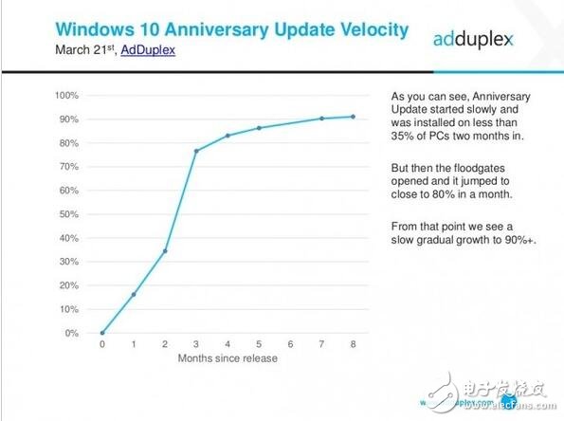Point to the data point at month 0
point(101,333)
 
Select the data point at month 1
point(133,294)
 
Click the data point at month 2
point(165,251)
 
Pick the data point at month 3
point(196,151)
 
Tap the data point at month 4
point(227,136)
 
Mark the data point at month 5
point(259,128)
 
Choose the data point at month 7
point(321,119)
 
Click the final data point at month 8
point(353,117)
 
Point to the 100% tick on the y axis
point(65,96)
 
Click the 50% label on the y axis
point(67,214)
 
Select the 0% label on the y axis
point(70,333)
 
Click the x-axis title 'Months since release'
point(227,358)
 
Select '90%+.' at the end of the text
point(524,240)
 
